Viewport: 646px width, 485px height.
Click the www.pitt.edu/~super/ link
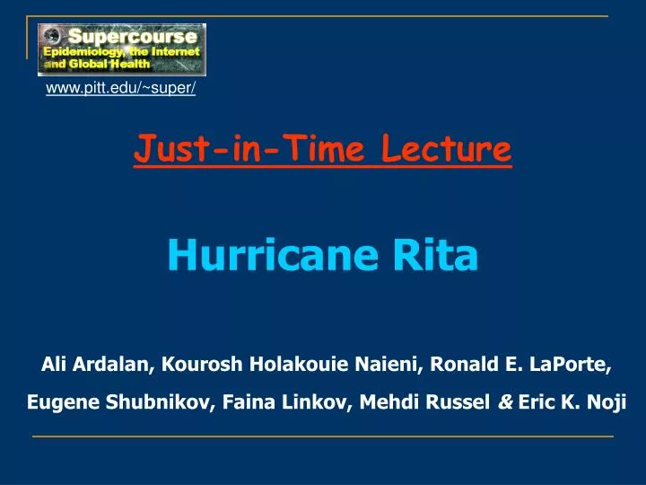(121, 88)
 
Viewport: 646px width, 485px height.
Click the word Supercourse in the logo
(133, 36)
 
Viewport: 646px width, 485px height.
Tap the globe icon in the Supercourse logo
(51, 37)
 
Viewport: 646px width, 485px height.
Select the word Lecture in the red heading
(447, 148)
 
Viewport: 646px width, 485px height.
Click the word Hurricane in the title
(273, 254)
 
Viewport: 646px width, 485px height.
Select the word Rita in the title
(435, 254)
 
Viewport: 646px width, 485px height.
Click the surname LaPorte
(571, 365)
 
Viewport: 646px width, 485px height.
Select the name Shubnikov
(161, 402)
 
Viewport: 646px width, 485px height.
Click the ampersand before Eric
(505, 402)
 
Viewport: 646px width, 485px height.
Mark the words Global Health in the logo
(109, 65)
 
